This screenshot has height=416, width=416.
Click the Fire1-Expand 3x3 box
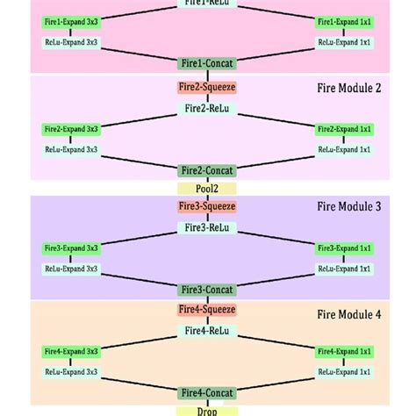coord(72,21)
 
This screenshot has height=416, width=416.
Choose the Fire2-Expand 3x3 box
coord(72,129)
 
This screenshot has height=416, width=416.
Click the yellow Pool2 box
coord(207,188)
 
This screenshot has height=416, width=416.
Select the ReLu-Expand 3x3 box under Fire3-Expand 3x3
coord(72,269)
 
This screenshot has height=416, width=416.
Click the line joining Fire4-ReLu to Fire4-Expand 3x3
coord(140,341)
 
